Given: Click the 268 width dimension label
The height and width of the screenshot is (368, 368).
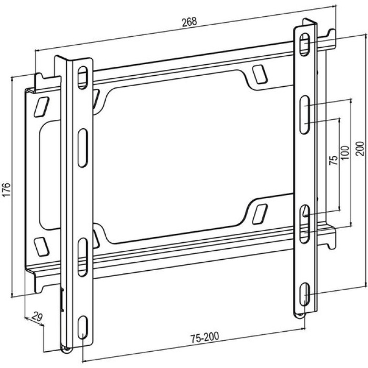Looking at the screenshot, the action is point(189,22).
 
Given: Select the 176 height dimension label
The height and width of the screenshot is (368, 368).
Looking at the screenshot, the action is point(7,189).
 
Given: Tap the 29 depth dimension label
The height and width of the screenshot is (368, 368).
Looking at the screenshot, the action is point(37,317).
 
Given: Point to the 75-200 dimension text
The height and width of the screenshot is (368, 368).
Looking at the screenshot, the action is point(205,338).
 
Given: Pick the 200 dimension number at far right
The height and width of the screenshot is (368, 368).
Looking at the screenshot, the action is point(360,149).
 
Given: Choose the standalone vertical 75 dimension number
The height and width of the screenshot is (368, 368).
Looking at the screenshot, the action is point(333,160).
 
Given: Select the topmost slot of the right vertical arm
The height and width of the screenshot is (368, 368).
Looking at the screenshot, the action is point(304,44).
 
